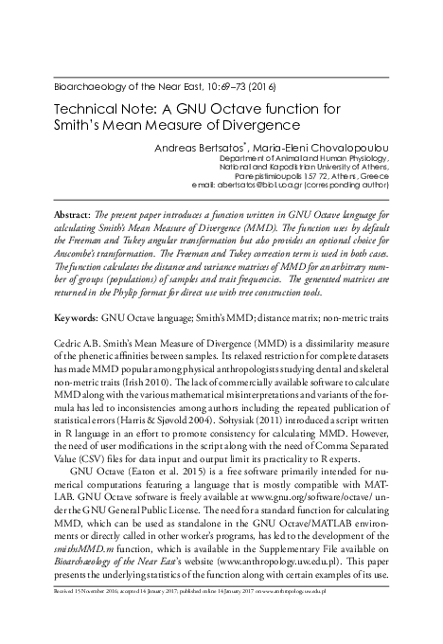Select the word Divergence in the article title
tap(257, 124)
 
